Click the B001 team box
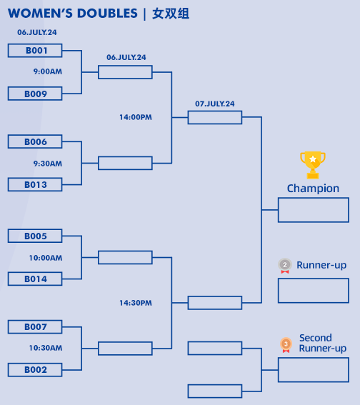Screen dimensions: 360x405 pos(35,51)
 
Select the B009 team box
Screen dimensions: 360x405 pos(35,94)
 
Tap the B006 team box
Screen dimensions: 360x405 pos(35,141)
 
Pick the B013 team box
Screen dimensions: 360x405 pos(35,184)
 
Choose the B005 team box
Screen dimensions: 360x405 pos(35,236)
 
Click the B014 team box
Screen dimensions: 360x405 pos(35,279)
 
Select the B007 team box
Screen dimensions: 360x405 pos(35,326)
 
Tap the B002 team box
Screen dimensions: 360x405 pos(35,369)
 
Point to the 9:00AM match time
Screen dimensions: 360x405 pos(48,71)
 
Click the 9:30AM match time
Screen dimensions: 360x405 pos(48,164)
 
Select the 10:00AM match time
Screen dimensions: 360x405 pos(46,258)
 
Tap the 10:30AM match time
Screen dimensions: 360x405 pos(46,348)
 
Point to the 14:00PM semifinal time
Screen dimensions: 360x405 pos(136,117)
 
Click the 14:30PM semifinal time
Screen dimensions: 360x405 pos(136,303)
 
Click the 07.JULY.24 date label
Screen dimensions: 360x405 pos(215,104)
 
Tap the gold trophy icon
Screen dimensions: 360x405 pos(313,165)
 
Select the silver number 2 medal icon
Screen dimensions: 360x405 pos(285,266)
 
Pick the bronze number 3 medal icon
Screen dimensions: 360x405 pos(286,345)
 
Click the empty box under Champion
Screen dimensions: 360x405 pos(314,198)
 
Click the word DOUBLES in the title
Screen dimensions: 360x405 pos(107,14)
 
